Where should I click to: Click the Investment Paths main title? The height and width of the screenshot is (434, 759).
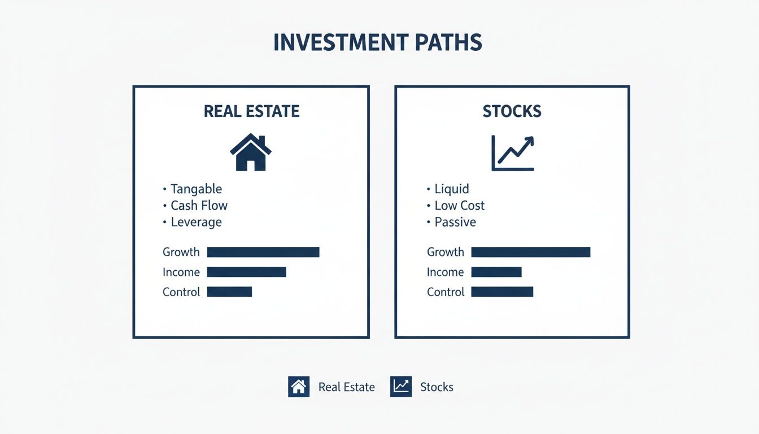(x=378, y=44)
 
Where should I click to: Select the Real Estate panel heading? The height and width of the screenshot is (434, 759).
(x=251, y=111)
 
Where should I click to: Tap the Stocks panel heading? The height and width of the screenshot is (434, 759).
(x=512, y=111)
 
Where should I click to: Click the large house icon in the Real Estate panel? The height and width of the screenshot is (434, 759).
(x=251, y=152)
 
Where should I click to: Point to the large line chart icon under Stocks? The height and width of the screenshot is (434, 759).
(x=512, y=153)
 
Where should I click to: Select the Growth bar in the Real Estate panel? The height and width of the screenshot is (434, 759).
(x=263, y=252)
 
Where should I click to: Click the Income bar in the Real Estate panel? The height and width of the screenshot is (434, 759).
(x=246, y=272)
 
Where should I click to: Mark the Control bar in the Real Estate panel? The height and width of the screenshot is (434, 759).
(x=229, y=292)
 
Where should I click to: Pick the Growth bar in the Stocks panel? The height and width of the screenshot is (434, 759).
(x=530, y=252)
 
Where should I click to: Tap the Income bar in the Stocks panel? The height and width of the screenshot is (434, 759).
(x=496, y=272)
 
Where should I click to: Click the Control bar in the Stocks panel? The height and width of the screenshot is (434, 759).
(x=502, y=292)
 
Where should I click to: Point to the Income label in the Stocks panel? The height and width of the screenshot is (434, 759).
(x=445, y=272)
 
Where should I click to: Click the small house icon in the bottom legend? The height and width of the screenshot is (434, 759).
(x=299, y=387)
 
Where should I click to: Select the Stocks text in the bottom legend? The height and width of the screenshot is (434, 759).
(x=437, y=387)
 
